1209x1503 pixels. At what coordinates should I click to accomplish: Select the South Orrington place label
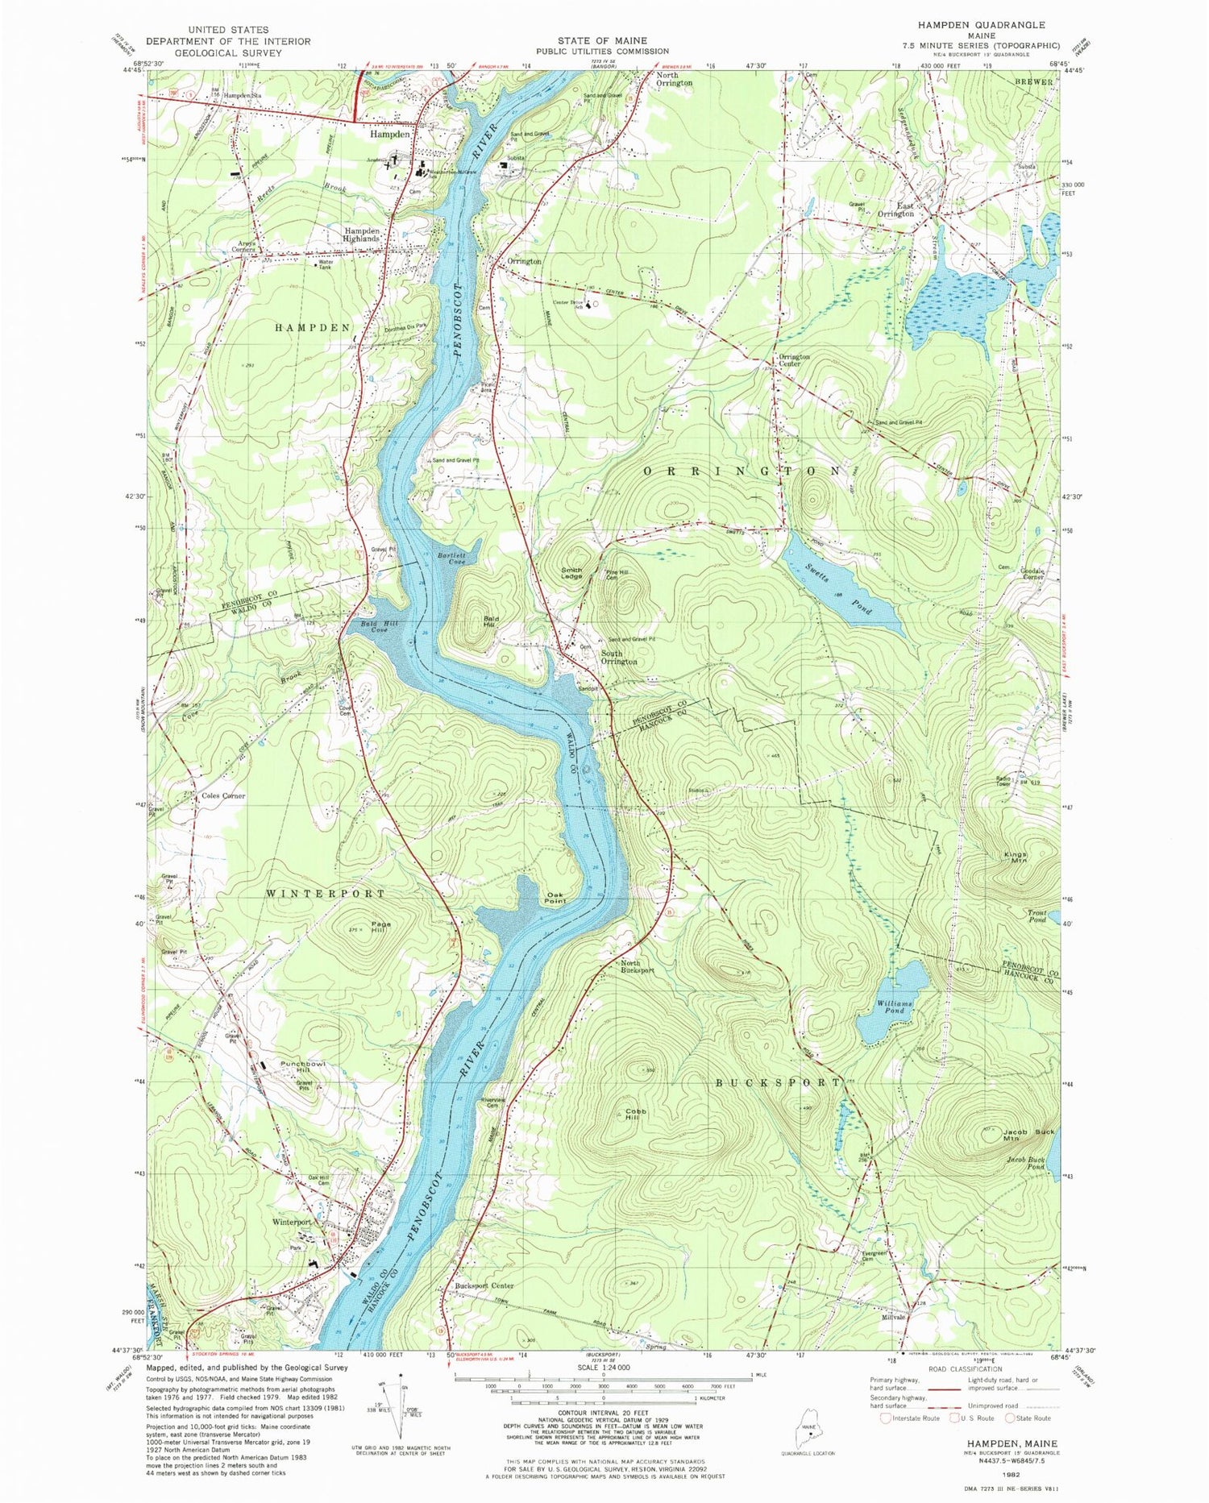(618, 657)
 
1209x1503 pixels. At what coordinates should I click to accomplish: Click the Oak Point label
(555, 897)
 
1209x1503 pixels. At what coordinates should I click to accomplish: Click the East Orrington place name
(895, 210)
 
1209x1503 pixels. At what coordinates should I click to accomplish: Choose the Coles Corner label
(223, 795)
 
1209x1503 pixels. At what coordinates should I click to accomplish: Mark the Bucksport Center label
(484, 1285)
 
